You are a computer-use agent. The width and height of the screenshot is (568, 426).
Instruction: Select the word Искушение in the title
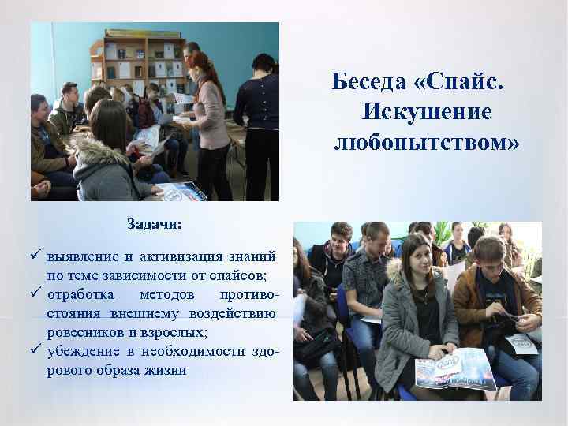tap(426, 112)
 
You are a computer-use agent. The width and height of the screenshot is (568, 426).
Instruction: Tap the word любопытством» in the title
tap(427, 143)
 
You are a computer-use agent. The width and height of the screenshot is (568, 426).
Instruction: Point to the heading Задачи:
tap(155, 225)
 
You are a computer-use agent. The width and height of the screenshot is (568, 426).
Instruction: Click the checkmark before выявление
tap(37, 256)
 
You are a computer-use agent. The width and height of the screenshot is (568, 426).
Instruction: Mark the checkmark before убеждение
tap(37, 351)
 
